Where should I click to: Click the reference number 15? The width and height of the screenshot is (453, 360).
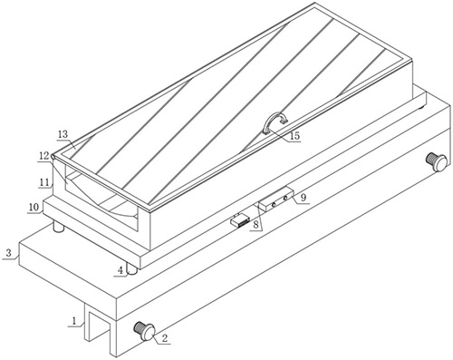294,136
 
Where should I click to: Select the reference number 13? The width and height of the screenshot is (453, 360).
63,134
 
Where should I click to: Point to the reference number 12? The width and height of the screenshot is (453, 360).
43,156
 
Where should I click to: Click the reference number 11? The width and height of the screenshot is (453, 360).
44,182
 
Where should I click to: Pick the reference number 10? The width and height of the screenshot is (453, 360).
34,208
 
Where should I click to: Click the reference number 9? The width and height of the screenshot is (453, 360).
304,198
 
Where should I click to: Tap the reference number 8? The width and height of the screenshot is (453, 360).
255,225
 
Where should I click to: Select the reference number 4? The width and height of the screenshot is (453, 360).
120,270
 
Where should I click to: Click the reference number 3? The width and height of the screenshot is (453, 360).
9,253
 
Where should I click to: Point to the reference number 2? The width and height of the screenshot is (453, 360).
164,338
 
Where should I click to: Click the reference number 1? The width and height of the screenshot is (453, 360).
74,321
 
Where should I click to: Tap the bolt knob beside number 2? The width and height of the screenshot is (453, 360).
144,331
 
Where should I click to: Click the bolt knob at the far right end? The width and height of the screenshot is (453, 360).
436,161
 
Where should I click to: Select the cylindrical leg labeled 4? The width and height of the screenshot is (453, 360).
131,269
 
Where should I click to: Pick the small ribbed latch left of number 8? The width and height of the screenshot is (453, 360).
240,220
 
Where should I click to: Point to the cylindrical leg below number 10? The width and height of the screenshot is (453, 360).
59,227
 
